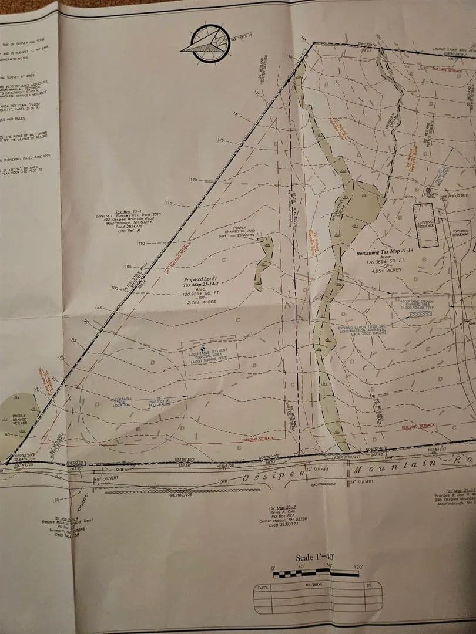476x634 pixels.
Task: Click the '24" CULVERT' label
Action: [364, 481]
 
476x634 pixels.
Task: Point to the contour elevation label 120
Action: [196, 180]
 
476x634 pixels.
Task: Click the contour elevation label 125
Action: [221, 141]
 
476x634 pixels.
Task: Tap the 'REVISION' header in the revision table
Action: [313, 585]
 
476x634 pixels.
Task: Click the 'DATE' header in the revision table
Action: [263, 586]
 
